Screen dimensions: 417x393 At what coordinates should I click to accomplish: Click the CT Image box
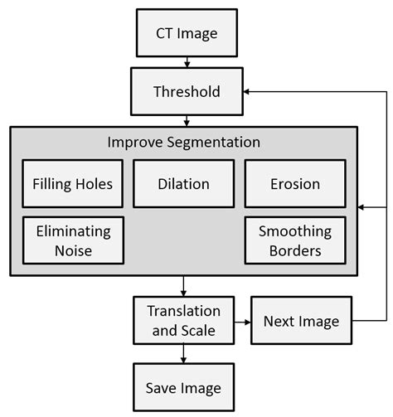187,34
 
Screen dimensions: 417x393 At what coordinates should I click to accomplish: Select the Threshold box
187,91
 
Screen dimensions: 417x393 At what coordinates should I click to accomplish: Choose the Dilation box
183,184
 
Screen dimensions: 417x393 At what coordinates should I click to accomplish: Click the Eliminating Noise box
67,240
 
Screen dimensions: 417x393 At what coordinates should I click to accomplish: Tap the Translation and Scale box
183,321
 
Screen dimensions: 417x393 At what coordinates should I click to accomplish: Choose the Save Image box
183,387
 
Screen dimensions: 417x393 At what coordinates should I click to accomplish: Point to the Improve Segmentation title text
183,142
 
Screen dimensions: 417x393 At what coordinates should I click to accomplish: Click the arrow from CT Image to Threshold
187,61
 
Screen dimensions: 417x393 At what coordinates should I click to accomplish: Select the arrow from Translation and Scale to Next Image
241,321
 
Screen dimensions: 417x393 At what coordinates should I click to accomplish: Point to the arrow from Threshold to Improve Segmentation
187,120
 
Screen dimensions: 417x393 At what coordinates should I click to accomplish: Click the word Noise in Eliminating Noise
67,250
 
